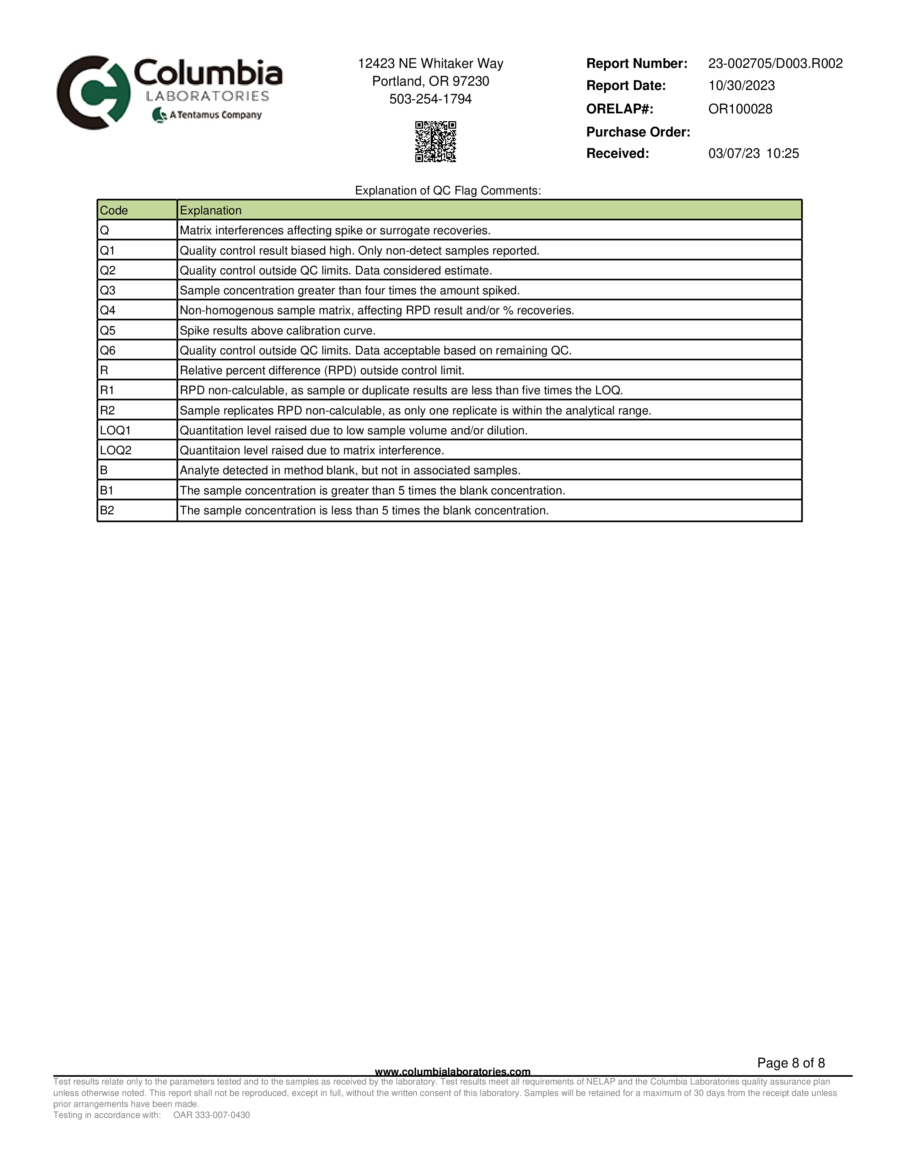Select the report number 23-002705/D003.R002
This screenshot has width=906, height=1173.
(775, 63)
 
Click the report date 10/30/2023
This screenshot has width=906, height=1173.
(741, 86)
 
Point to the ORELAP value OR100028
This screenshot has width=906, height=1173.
(740, 109)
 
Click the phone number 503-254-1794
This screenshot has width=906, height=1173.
(431, 100)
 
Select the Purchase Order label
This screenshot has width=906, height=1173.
(638, 132)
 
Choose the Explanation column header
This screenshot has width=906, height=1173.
(210, 210)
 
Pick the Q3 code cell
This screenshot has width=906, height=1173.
(108, 290)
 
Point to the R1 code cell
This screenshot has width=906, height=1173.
(107, 390)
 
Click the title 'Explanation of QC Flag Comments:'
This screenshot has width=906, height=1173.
(448, 191)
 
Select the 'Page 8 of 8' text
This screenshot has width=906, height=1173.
(791, 1063)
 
